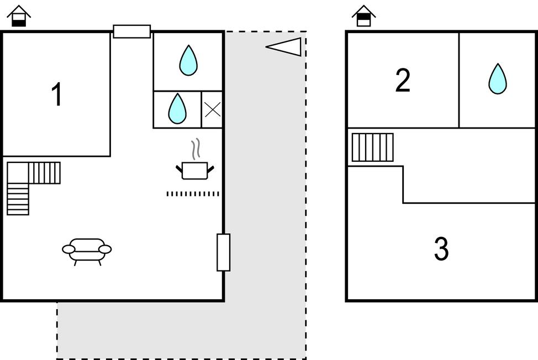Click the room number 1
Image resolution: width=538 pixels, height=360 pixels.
pos(56,94)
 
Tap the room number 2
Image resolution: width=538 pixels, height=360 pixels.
pos(403,80)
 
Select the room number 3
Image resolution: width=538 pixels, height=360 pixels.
pos(441,248)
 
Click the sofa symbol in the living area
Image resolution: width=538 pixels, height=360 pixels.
pos(87,252)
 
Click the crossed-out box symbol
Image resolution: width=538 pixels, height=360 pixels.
pos(213,110)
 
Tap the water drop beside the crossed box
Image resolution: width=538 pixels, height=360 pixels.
pos(177,109)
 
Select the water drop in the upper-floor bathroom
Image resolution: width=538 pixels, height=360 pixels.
pos(498,78)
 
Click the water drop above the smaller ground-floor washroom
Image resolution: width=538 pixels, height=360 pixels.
pos(188,60)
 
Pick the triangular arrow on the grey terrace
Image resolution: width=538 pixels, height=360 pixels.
pos(283,47)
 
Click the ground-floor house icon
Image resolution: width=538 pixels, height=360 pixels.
pos(19,16)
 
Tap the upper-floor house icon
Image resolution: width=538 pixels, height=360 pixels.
pos(363,16)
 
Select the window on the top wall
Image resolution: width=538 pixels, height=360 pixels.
pos(132,31)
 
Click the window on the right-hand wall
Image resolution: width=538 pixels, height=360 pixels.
pos(223,252)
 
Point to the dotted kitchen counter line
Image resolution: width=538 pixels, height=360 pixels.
pos(193,194)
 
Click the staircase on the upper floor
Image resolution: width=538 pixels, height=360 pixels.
pos(373,147)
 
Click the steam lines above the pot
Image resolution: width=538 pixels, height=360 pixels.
pos(196,149)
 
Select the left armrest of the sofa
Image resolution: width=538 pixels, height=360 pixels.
pos(68,249)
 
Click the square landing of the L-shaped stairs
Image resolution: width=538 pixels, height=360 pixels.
pos(18,173)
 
